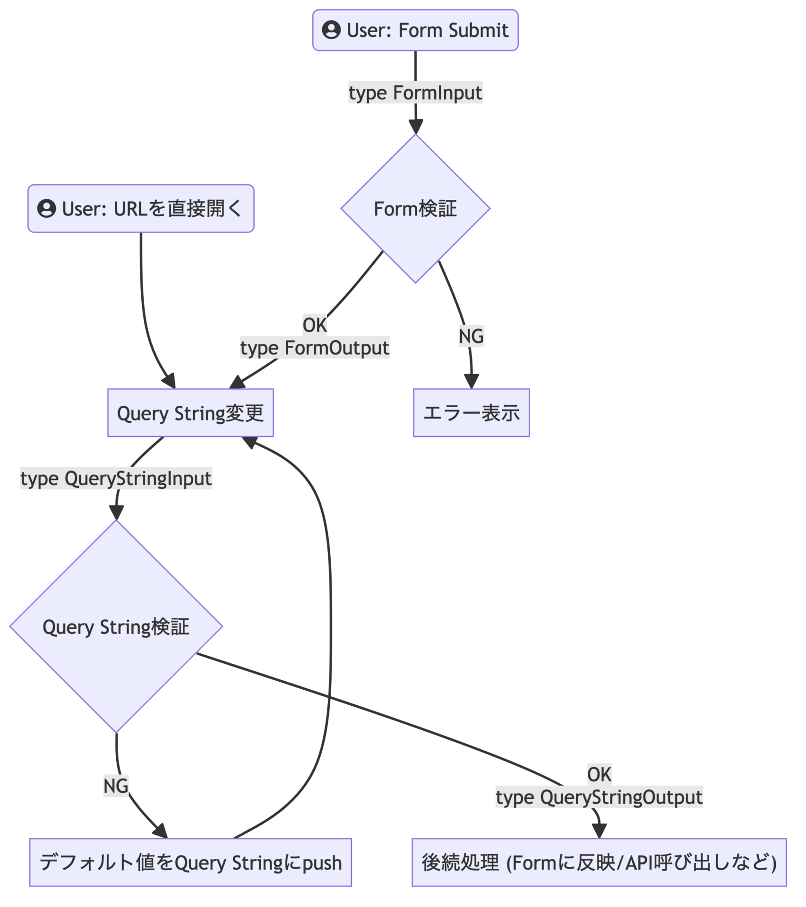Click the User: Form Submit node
[415, 30]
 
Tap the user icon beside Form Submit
[331, 30]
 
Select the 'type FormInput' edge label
[415, 93]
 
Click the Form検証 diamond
[415, 209]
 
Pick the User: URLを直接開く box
[141, 208]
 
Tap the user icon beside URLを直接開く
[47, 208]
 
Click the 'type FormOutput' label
[315, 348]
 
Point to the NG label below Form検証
[472, 336]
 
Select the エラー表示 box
[472, 413]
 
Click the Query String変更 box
[190, 413]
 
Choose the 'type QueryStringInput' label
[116, 479]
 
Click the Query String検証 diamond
[116, 626]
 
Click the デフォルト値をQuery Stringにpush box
[190, 863]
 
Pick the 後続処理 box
[599, 863]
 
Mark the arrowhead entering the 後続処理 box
[599, 832]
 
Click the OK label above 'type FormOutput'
[315, 325]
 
